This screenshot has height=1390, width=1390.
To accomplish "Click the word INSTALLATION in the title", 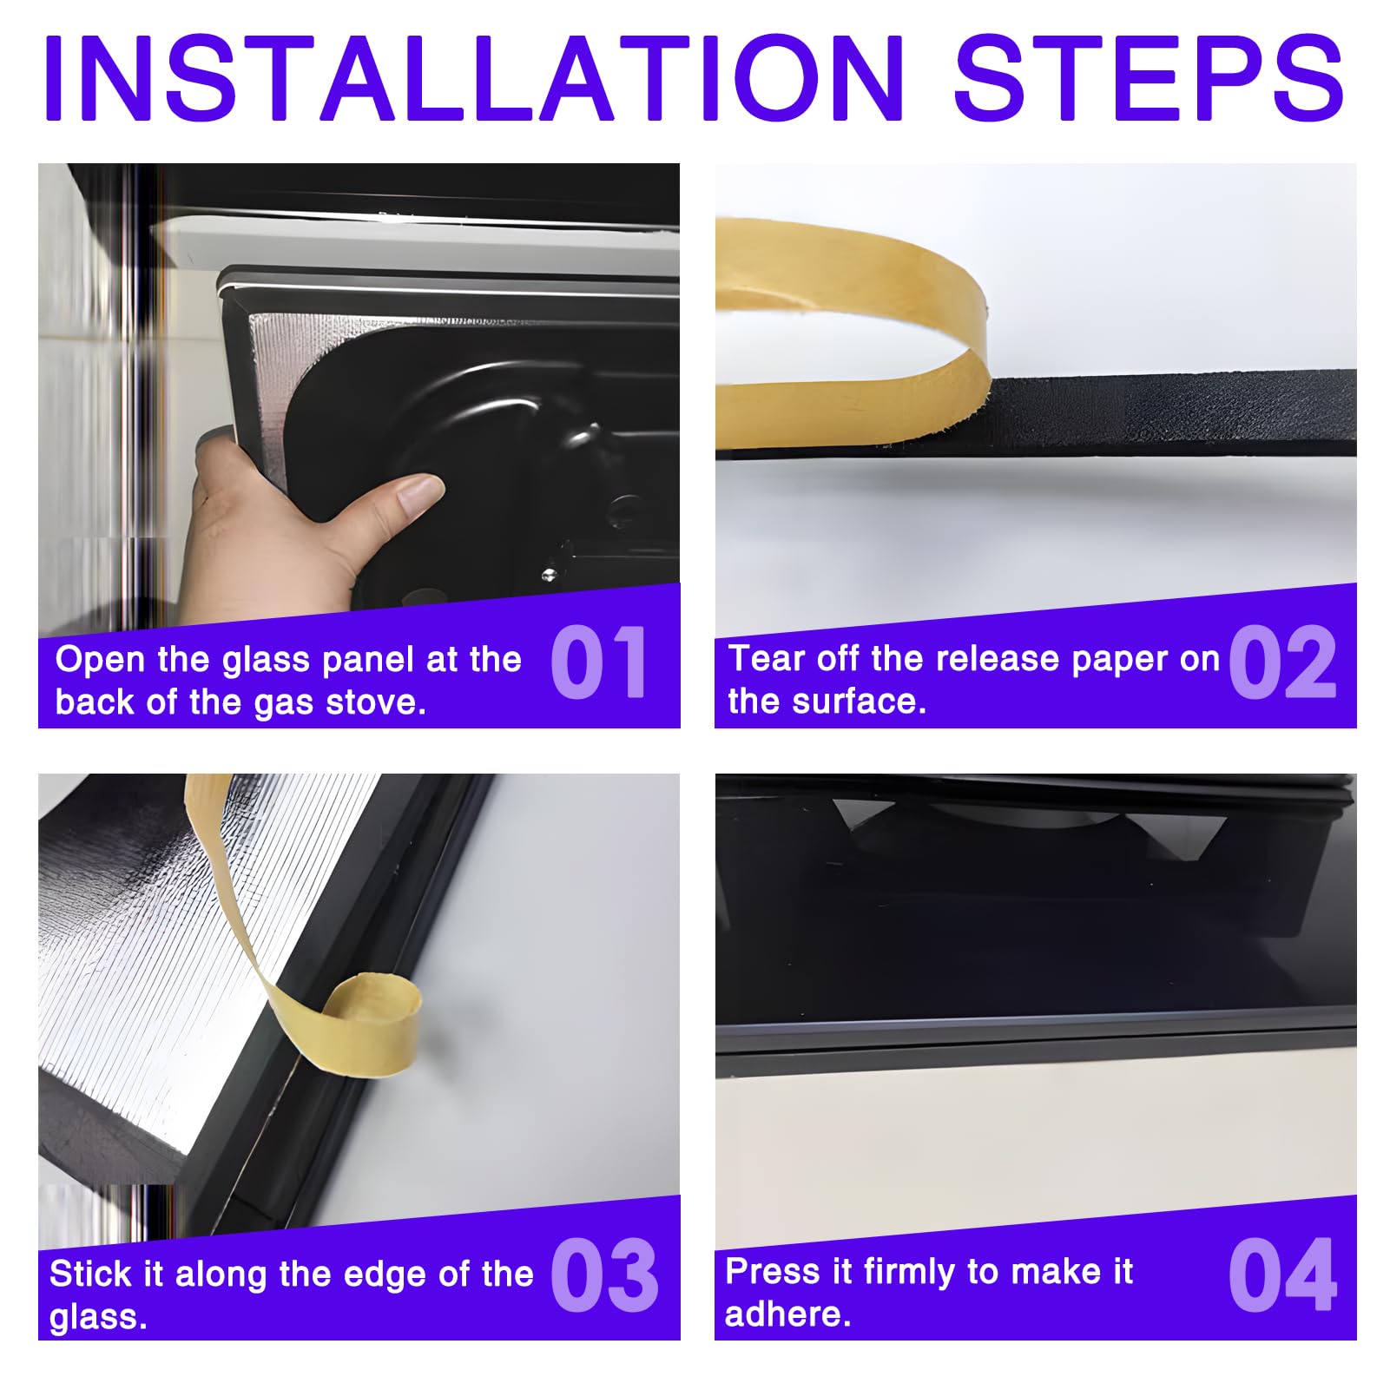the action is point(474,77).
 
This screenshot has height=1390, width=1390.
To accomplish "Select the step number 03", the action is point(604,1275).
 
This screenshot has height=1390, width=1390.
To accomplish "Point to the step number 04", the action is point(1282,1275).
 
